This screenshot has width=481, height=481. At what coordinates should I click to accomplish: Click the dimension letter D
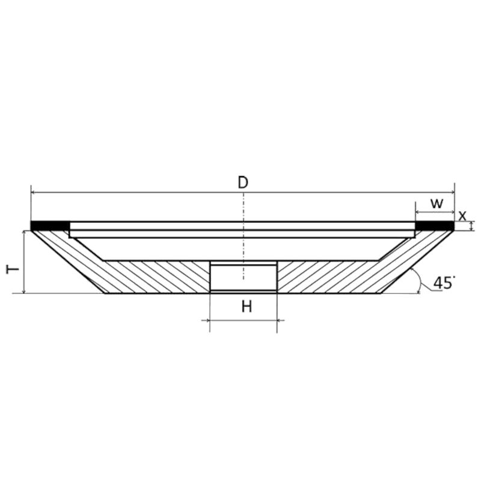[x=242, y=182]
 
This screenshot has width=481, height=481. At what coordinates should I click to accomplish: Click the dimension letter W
[x=437, y=203]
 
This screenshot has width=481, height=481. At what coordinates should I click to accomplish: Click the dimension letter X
[x=462, y=215]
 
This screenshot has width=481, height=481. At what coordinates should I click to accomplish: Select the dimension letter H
[x=247, y=307]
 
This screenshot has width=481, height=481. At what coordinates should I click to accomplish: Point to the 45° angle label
[x=444, y=283]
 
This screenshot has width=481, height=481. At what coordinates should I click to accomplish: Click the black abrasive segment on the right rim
[x=435, y=226]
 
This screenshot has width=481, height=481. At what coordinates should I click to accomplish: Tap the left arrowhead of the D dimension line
[x=33, y=192]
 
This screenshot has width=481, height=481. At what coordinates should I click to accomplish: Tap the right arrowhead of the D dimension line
[x=452, y=192]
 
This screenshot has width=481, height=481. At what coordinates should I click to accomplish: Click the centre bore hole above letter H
[x=243, y=277]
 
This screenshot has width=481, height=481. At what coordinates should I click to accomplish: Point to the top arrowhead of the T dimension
[x=23, y=231]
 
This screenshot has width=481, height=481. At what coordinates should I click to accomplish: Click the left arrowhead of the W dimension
[x=418, y=212]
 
